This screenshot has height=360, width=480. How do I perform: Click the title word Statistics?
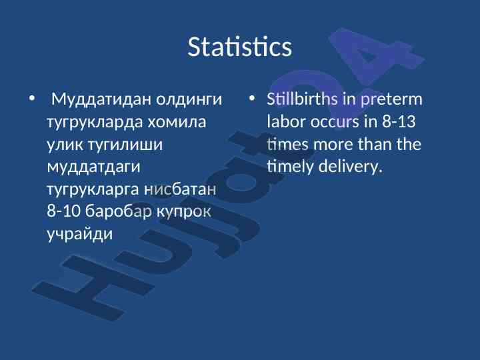tap(240, 47)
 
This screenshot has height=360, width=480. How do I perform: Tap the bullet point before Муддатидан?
tap(32, 99)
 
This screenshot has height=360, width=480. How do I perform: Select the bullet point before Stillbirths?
tap(251, 99)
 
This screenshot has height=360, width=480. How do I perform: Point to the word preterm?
tap(391, 99)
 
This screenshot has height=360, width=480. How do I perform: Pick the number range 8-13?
tap(399, 121)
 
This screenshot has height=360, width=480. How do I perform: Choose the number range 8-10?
tap(63, 211)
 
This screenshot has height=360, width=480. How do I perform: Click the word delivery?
tap(351, 167)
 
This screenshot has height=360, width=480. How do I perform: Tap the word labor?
tap(286, 121)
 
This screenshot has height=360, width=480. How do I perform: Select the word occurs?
tap(335, 122)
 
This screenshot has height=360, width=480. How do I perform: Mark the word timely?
tap(290, 167)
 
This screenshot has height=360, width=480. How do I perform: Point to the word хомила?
tap(177, 122)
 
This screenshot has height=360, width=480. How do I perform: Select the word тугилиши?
tap(125, 145)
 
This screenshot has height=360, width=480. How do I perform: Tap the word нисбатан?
tap(180, 189)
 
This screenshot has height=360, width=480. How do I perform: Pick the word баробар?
tap(119, 211)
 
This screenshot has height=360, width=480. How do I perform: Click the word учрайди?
tap(80, 234)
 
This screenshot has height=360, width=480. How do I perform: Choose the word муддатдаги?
tap(94, 167)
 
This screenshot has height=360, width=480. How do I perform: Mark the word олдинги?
tap(189, 99)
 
